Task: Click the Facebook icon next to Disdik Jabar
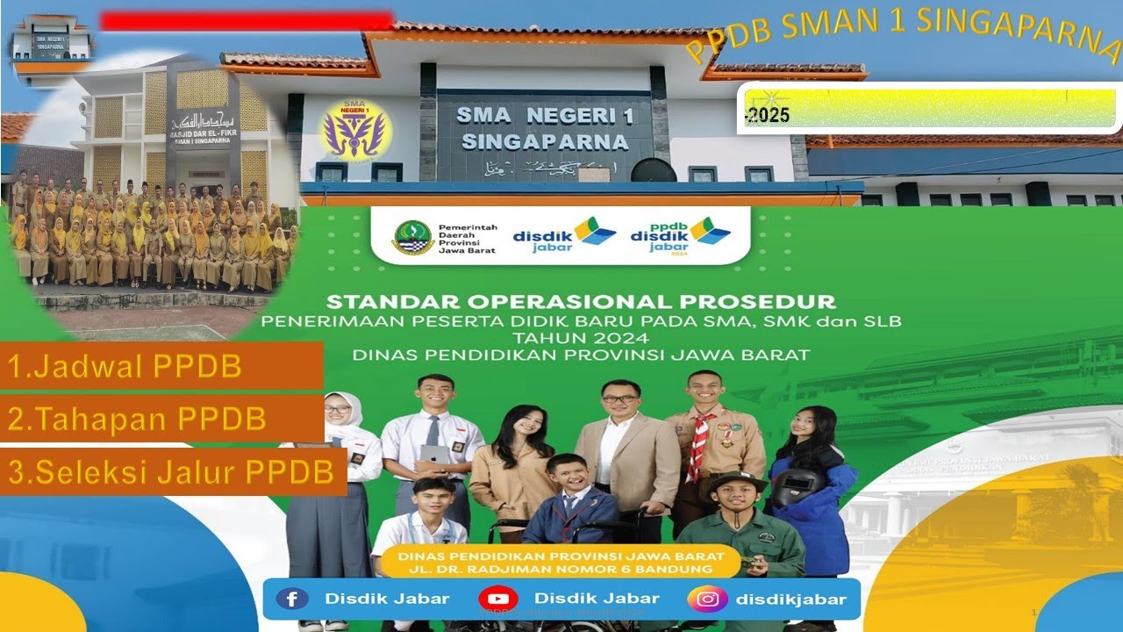(292, 600)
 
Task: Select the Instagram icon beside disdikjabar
(708, 600)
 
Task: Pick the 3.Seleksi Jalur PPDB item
(173, 472)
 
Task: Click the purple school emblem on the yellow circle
(354, 129)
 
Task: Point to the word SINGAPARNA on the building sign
(545, 142)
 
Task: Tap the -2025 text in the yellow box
(767, 116)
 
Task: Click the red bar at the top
(246, 21)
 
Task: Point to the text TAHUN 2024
(580, 338)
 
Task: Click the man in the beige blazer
(625, 448)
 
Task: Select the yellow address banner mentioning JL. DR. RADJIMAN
(561, 563)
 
